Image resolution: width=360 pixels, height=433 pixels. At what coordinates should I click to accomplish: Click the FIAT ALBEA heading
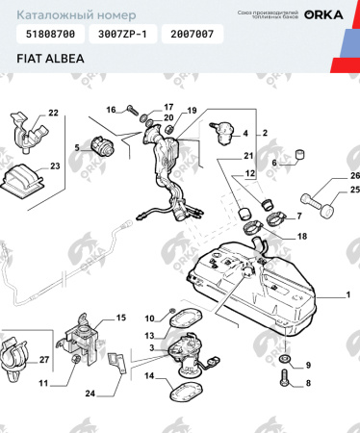tap(48, 58)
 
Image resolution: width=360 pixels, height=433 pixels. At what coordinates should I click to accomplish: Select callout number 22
tap(53, 115)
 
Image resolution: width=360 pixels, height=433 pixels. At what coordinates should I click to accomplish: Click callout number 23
tap(54, 166)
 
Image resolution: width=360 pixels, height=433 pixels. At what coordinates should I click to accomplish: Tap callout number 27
tap(42, 360)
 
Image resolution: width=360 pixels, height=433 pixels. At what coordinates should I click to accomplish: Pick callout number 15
tap(121, 318)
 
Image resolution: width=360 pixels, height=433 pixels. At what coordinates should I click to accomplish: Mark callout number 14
tap(150, 376)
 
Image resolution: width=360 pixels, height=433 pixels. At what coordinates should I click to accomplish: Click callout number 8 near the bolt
tap(308, 384)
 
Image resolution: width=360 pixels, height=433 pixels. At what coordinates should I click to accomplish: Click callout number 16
tap(111, 109)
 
